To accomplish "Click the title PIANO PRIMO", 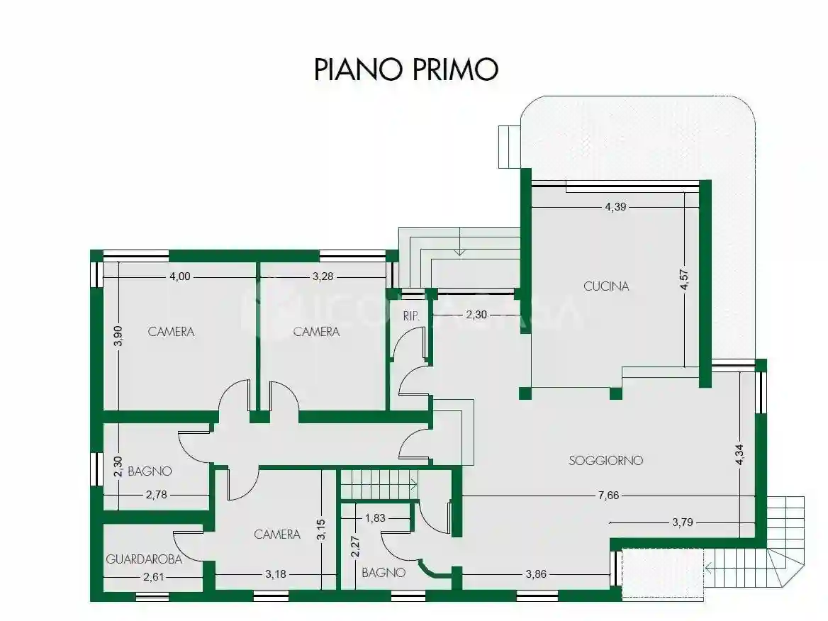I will coord(406,69).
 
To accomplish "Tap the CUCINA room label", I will coord(606,286).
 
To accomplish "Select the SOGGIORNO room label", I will coord(605,460).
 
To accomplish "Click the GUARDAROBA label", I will coord(144,559).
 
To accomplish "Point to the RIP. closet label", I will coord(411,316).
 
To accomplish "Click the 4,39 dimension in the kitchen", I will coord(616,207).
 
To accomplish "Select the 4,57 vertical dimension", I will coord(684,277).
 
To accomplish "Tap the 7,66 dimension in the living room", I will coord(608,496).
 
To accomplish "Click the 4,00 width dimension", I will coord(180,276).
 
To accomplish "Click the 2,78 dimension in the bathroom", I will coord(156,495).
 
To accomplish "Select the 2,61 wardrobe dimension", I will coord(154,576).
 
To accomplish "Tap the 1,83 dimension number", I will coord(375,518).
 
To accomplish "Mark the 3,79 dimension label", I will coord(683,522).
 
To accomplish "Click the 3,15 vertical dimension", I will coord(321,530).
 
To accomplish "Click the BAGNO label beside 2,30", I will coord(150,471).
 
